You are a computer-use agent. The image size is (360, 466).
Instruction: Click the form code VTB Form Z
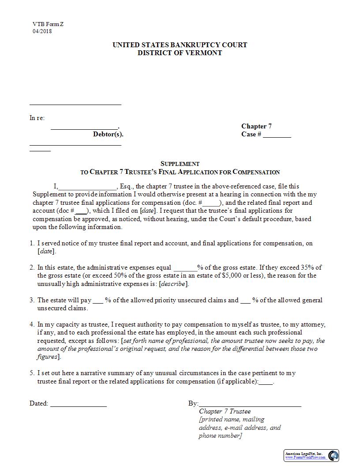[x=48, y=24]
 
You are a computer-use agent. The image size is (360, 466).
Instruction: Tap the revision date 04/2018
[x=42, y=31]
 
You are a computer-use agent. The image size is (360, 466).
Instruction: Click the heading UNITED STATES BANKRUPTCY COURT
[x=180, y=45]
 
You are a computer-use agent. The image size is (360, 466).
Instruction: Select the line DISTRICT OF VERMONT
[x=180, y=53]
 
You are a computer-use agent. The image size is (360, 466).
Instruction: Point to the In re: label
[x=37, y=118]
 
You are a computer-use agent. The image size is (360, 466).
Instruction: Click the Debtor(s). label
[x=108, y=134]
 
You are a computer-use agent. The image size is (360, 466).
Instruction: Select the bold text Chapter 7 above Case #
[x=256, y=126]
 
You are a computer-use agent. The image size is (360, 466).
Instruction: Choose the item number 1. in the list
[x=32, y=243]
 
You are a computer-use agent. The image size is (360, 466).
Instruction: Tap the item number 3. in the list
[x=32, y=300]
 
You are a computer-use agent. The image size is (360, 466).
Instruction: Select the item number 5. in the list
[x=32, y=373]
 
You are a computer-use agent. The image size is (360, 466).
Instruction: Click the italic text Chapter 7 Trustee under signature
[x=225, y=412]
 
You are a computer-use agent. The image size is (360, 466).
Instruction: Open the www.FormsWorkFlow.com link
[x=305, y=458]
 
